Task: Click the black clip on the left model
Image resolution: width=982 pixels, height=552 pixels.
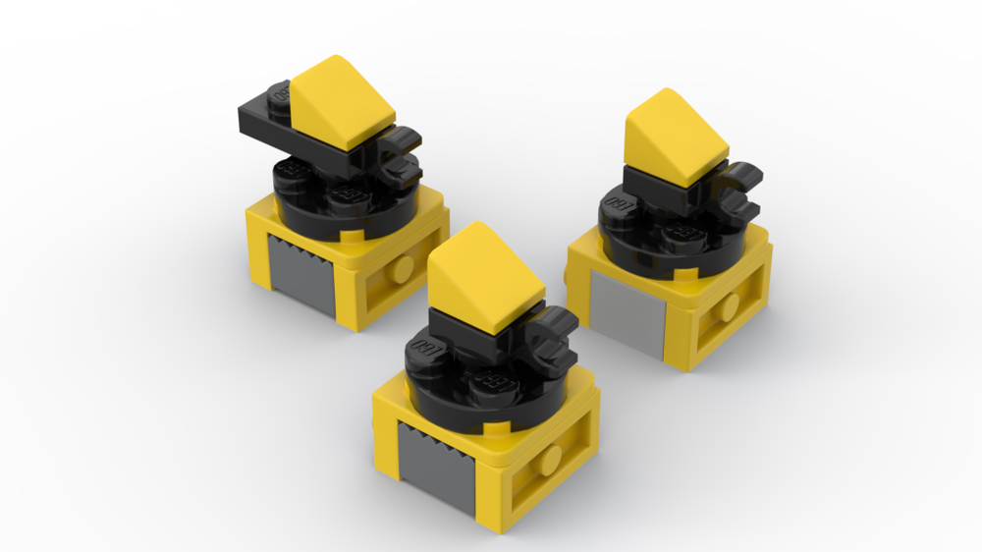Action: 401,157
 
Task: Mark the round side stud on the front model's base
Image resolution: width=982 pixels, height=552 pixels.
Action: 553,459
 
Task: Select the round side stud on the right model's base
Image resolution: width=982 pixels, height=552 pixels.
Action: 728,307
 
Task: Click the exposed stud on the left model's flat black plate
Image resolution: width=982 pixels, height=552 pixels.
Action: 278,95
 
